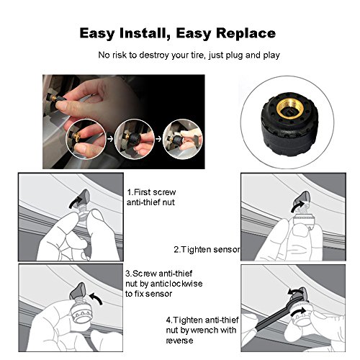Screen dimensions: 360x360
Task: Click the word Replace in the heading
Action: [246, 33]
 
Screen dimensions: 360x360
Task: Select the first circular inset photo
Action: [86, 139]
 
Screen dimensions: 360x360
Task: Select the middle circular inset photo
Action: [135, 139]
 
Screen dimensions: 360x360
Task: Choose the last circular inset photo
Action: [183, 139]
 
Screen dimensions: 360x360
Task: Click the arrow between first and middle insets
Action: [110, 139]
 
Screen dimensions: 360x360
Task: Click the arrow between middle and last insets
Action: [158, 139]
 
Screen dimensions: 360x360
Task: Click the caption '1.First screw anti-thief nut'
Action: [151, 197]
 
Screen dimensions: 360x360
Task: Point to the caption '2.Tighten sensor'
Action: [207, 250]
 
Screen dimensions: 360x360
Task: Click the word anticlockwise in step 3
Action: [176, 284]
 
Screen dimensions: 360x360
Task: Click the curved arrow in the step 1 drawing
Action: [74, 201]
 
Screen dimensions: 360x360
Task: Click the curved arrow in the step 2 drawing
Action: [297, 207]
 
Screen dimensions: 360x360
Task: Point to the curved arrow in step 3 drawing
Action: [96, 298]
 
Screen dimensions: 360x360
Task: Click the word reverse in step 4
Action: [179, 341]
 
